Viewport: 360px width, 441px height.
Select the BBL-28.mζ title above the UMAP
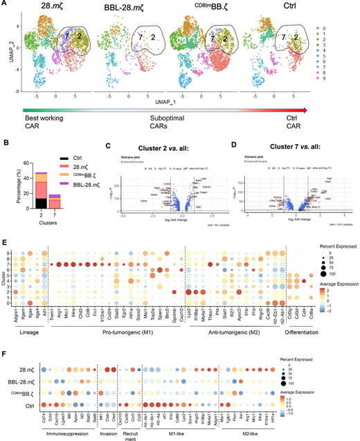click(124, 7)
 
